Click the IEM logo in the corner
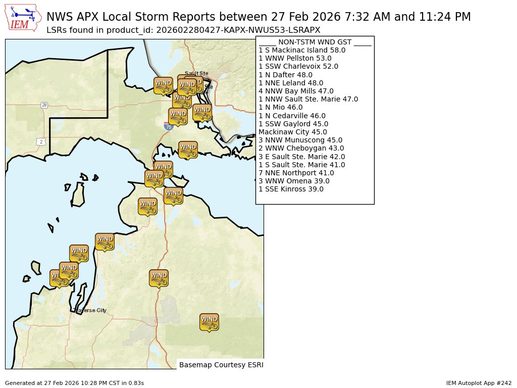click(23, 18)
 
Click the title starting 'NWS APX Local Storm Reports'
click(258, 17)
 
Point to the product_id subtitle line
click(183, 30)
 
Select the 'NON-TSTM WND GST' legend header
click(315, 42)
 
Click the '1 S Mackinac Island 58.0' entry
click(302, 50)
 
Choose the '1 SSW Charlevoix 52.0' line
click(298, 66)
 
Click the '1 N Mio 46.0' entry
click(280, 107)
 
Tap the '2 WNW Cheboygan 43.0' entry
click(301, 148)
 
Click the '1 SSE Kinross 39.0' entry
click(291, 189)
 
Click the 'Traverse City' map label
click(90, 310)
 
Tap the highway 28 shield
click(44, 105)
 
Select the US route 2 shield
click(40, 141)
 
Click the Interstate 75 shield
click(169, 126)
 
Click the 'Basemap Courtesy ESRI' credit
click(221, 364)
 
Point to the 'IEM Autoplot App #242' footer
click(479, 383)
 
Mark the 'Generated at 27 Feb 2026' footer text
click(74, 383)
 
